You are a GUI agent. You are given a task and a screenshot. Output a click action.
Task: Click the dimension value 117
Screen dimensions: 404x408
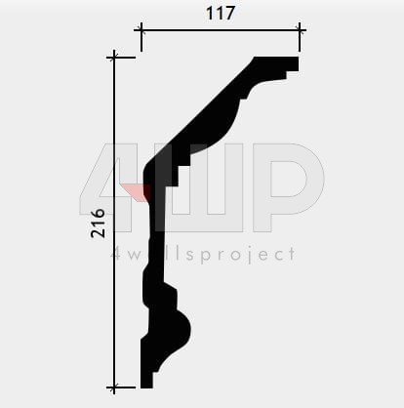coord(221,13)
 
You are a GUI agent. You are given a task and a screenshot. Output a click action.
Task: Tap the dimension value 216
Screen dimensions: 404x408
coord(99,224)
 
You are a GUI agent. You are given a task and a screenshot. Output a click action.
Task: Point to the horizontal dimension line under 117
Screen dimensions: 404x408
coord(221,30)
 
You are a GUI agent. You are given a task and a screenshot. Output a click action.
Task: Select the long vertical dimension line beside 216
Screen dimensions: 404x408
coord(114,223)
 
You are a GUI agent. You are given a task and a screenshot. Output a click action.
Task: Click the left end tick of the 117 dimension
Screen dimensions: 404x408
coord(141,30)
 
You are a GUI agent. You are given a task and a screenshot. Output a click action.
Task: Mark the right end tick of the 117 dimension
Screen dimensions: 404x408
coord(300,30)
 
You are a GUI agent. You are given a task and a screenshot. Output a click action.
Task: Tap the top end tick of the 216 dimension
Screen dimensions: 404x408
coord(114,58)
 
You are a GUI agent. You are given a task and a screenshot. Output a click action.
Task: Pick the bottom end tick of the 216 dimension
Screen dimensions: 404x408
coord(114,388)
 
